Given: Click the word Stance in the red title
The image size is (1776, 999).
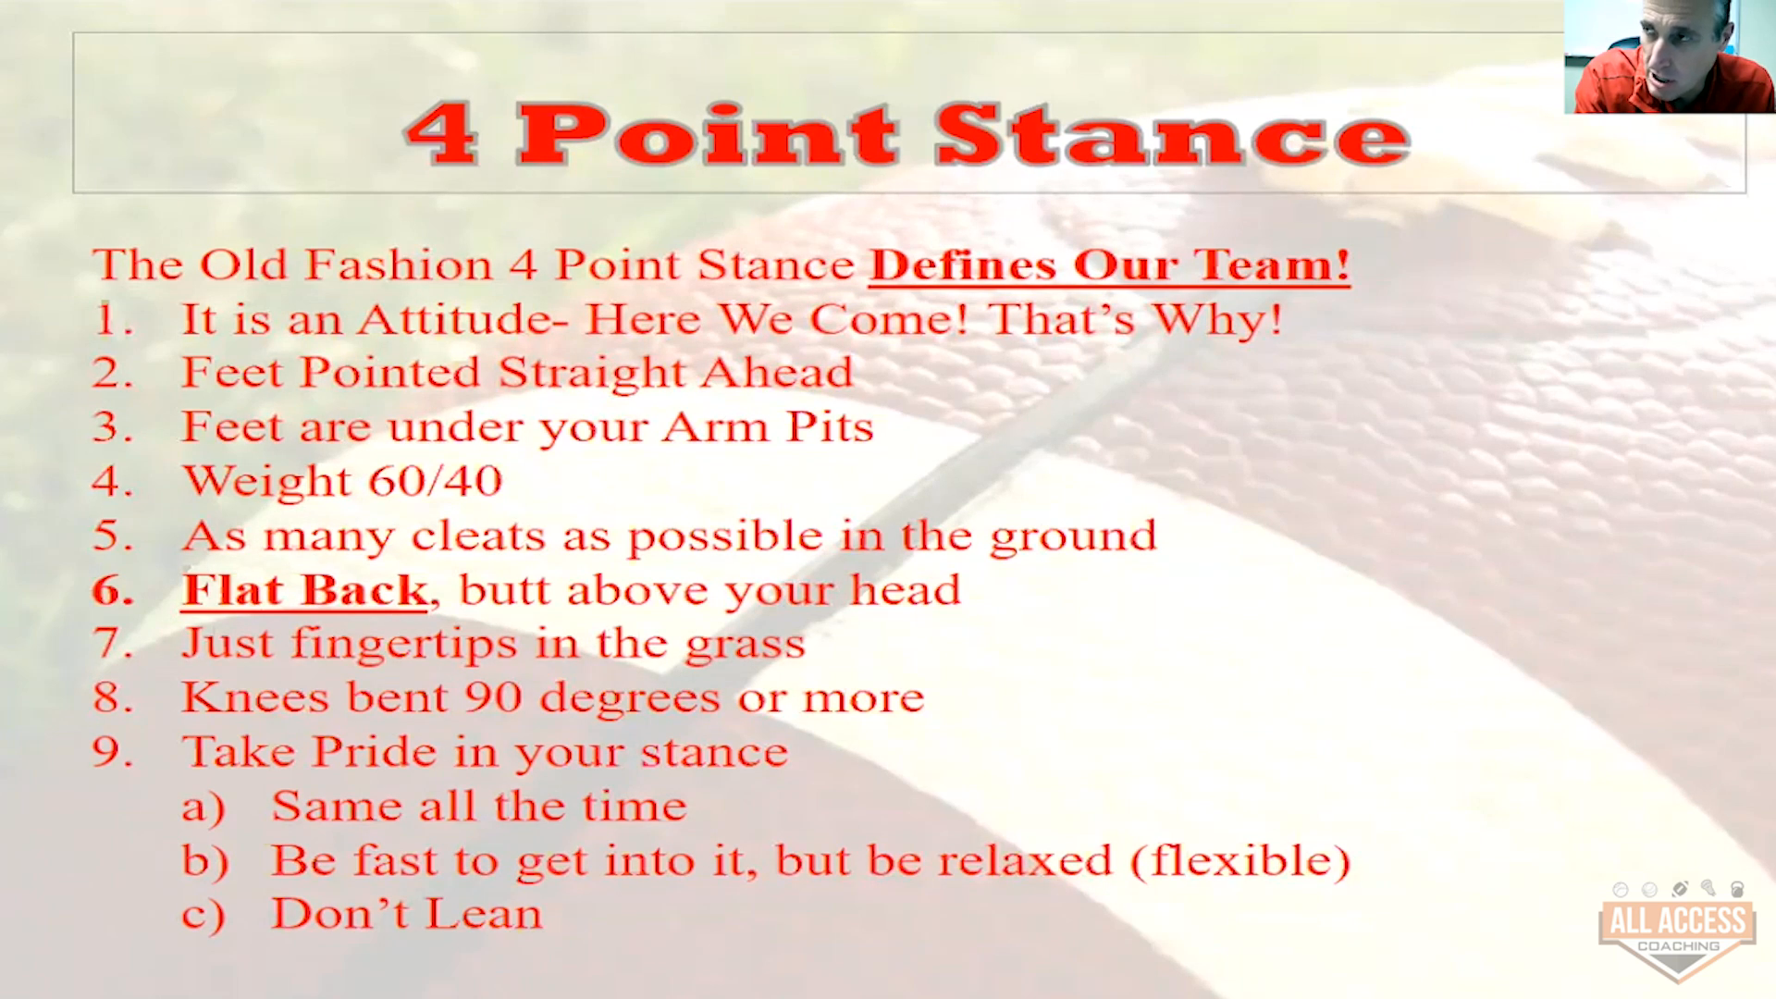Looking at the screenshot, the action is coord(1172,135).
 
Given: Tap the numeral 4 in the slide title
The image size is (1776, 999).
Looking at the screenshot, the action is coord(441,134).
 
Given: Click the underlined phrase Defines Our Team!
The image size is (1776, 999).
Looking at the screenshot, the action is coord(1109,265).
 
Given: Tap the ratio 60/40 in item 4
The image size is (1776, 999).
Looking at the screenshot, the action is coord(435,481).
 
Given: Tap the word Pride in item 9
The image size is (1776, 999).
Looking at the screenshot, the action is coord(374,751).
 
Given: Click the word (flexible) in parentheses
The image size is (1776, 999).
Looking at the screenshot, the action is coord(1240,861).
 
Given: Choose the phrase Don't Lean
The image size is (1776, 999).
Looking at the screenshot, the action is coord(406,914).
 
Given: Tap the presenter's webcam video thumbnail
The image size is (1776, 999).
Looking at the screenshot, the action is coord(1670,56).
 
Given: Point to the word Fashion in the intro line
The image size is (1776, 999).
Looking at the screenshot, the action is coord(399,265).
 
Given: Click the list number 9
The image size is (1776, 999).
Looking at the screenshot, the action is coord(113,752).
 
